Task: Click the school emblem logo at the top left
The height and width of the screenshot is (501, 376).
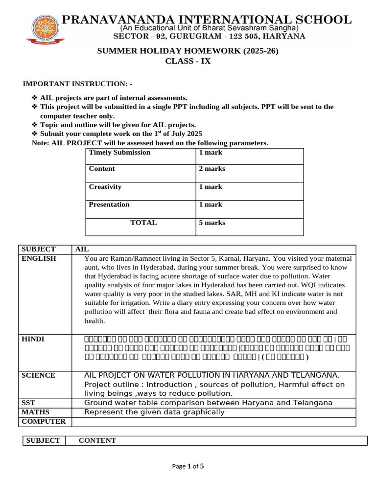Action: click(45, 27)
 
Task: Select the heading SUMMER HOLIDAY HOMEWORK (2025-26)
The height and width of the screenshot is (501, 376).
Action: click(188, 51)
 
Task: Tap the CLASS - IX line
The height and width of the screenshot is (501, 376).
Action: click(188, 62)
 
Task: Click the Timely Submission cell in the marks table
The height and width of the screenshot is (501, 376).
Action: click(119, 153)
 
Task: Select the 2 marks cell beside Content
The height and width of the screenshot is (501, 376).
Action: click(212, 169)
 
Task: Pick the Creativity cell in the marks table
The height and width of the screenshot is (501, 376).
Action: click(105, 187)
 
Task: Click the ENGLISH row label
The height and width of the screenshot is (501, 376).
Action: click(39, 259)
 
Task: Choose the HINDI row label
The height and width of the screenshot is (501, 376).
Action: click(33, 339)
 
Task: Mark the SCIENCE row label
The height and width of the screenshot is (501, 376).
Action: click(38, 376)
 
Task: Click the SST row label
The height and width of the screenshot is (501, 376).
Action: click(29, 403)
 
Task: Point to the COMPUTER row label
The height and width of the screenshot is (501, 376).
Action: click(44, 421)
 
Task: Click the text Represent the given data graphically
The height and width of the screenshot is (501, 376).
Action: click(154, 412)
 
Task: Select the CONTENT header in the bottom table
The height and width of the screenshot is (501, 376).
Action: click(97, 440)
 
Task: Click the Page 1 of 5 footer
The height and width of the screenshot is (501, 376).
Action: click(188, 466)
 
